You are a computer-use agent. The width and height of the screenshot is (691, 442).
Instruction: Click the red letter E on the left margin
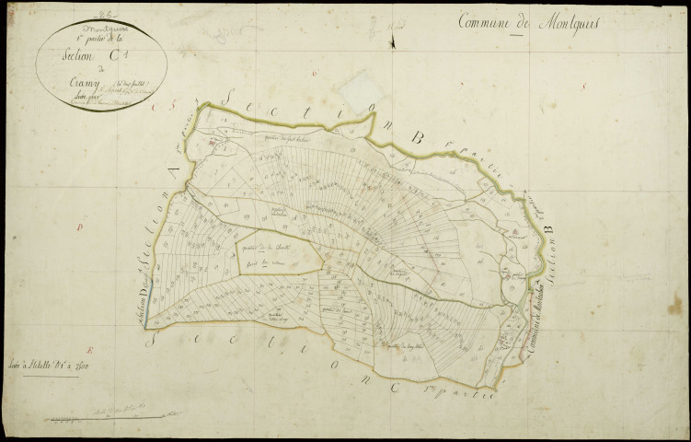point(89,350)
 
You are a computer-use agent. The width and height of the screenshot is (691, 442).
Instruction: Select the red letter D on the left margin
point(81,224)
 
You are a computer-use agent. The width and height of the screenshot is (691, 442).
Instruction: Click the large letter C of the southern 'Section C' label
point(394,386)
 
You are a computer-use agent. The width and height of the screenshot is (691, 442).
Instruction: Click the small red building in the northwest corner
point(212,143)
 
